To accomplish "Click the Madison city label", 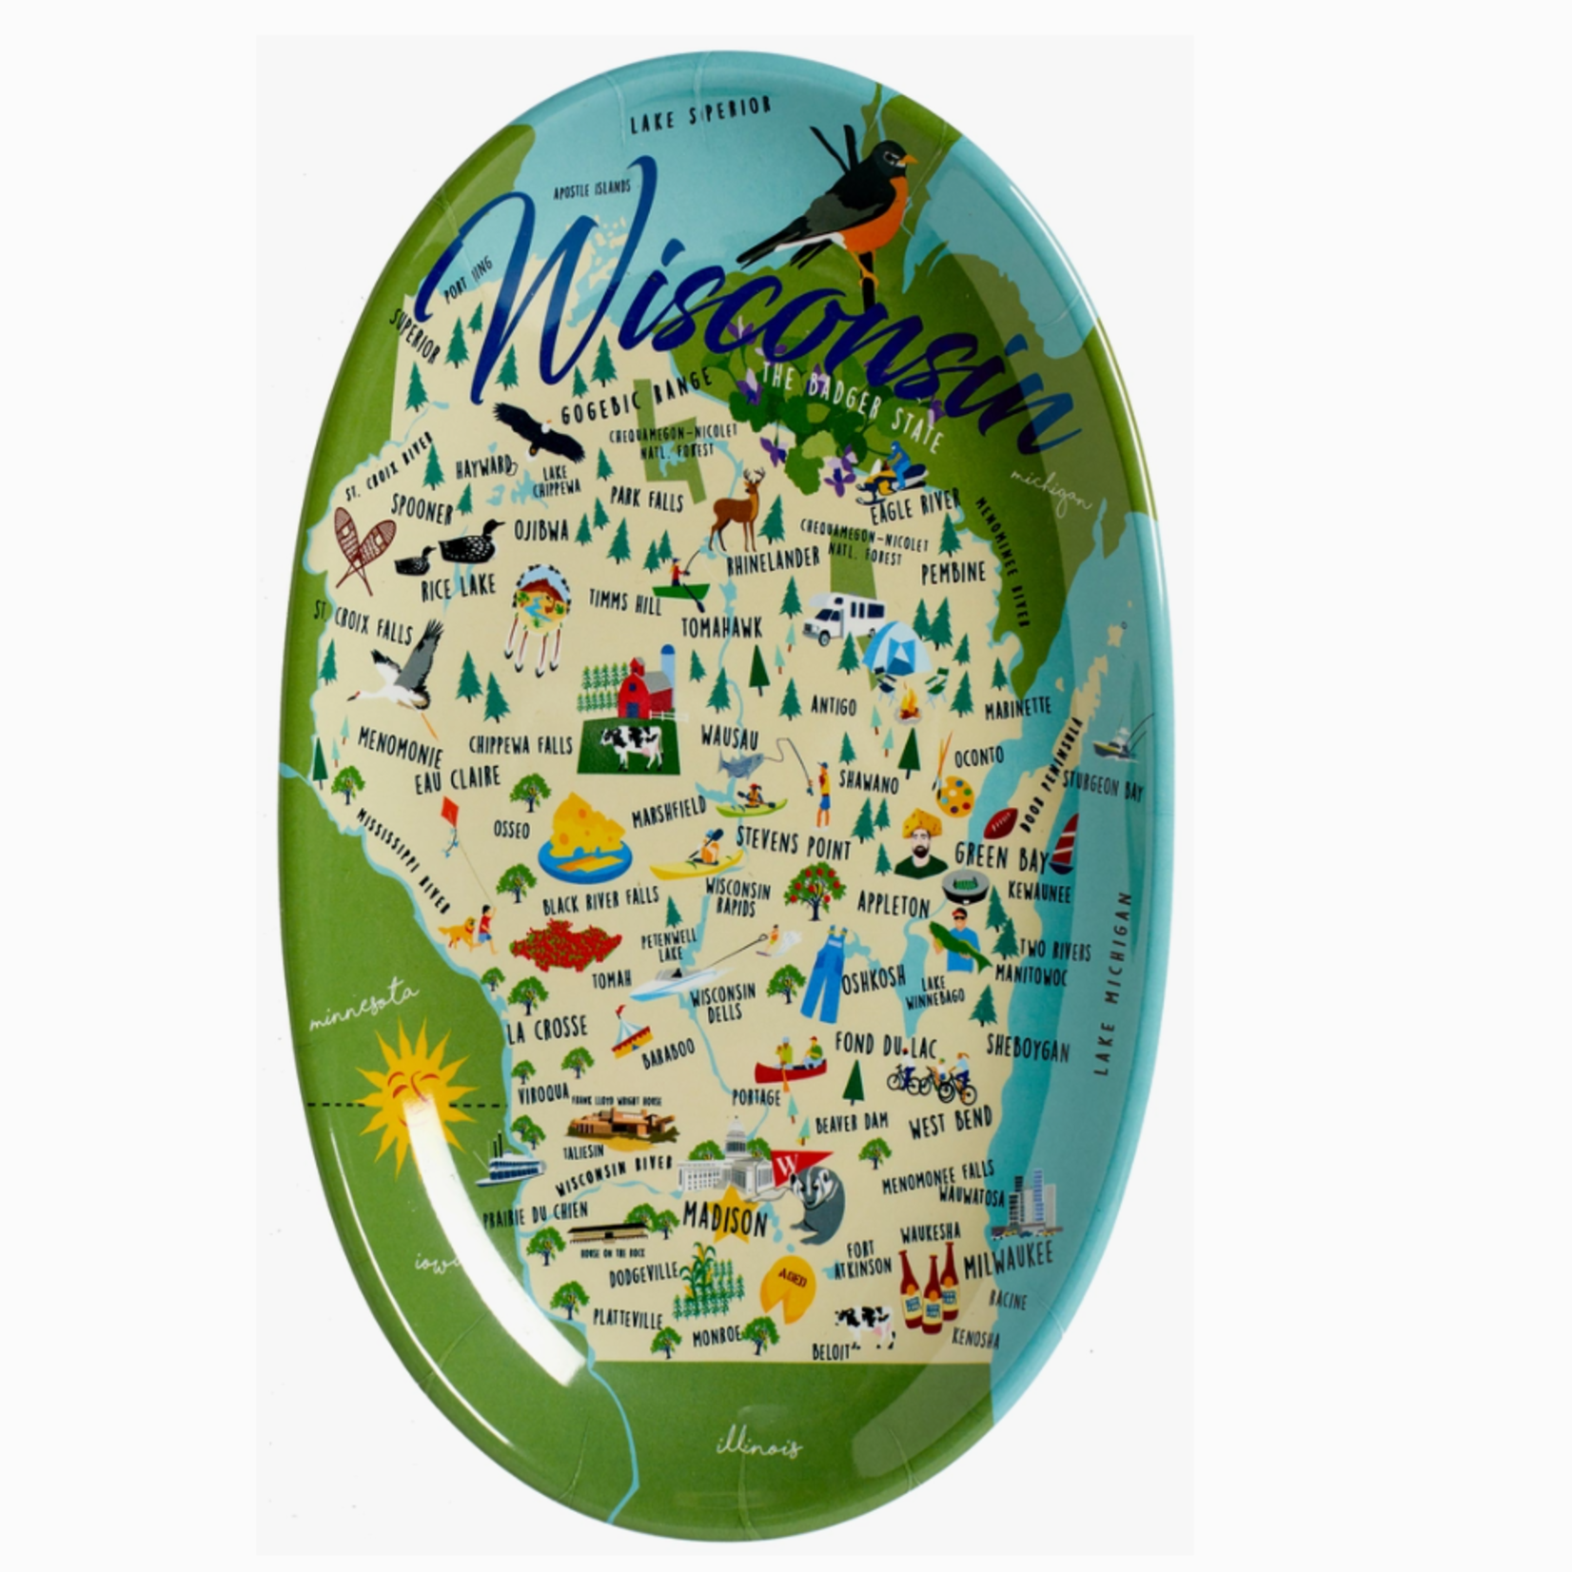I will coord(724,1221).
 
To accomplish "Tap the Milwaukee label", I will coord(1008,1261).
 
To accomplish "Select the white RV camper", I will coord(841,618).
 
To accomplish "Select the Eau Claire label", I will coord(457,779).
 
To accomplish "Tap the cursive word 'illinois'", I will coord(758,1446).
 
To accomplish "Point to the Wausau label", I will coord(729,737).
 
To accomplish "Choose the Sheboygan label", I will coord(1027,1047).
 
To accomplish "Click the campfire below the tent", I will coord(911,706).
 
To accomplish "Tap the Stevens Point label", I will coord(793,841).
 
